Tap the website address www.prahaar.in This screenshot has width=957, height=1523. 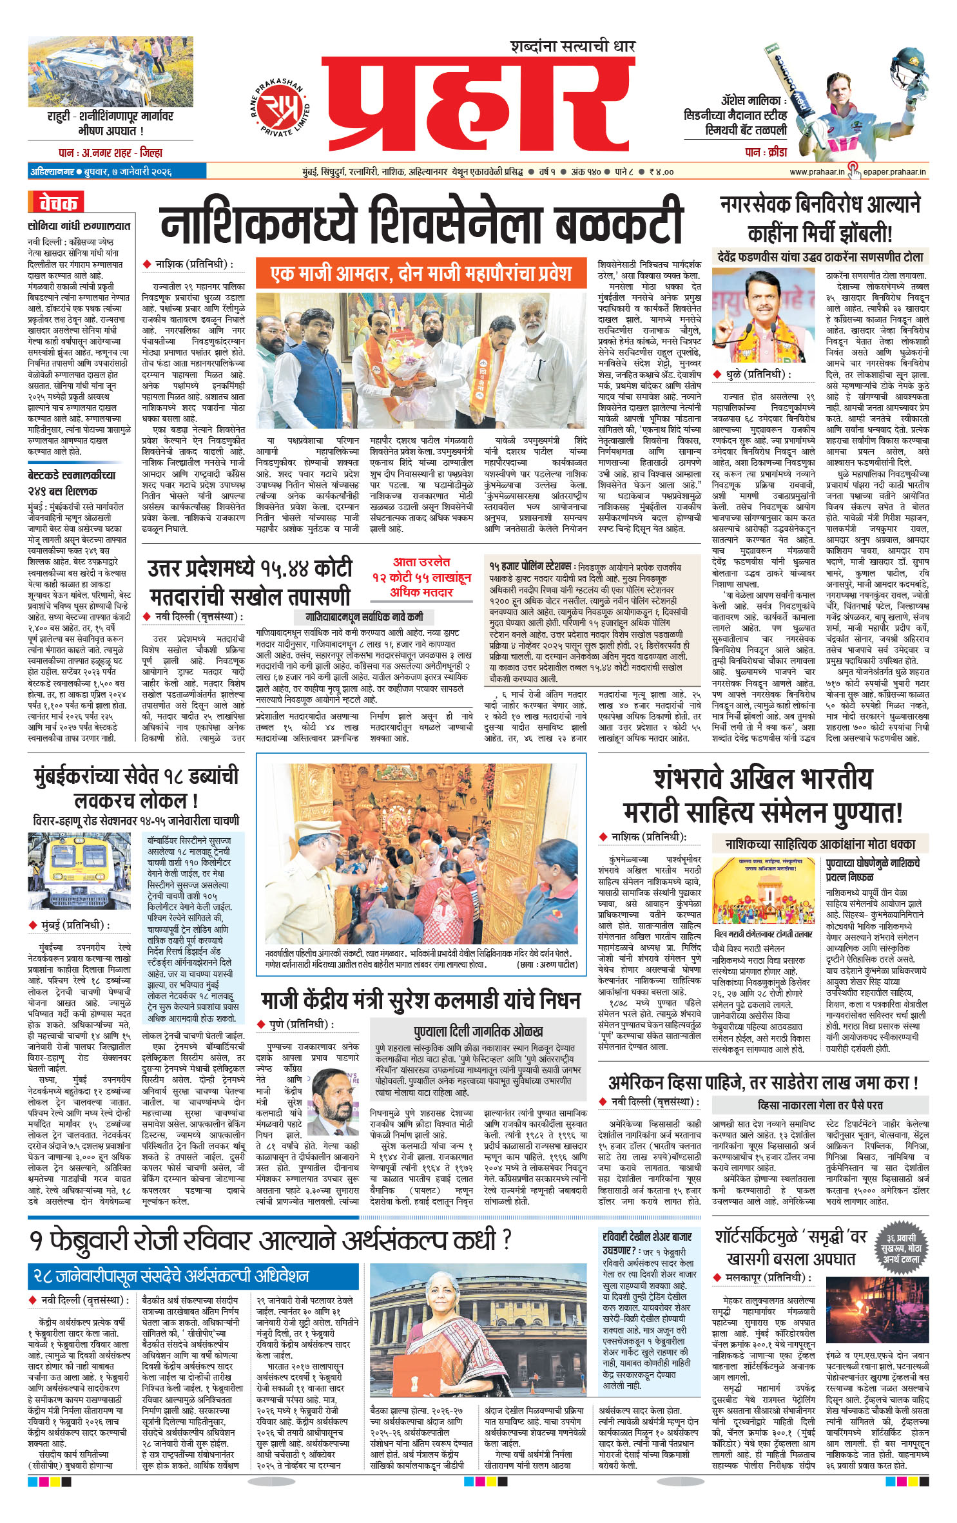817,172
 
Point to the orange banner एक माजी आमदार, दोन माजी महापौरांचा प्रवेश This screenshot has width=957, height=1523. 421,274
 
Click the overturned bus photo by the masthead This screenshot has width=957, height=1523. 102,71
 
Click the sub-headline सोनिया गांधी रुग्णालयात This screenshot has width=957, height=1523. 79,226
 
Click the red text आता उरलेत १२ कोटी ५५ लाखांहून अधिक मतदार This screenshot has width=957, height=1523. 421,577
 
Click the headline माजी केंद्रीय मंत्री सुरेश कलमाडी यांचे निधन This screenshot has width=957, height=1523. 421,1001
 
